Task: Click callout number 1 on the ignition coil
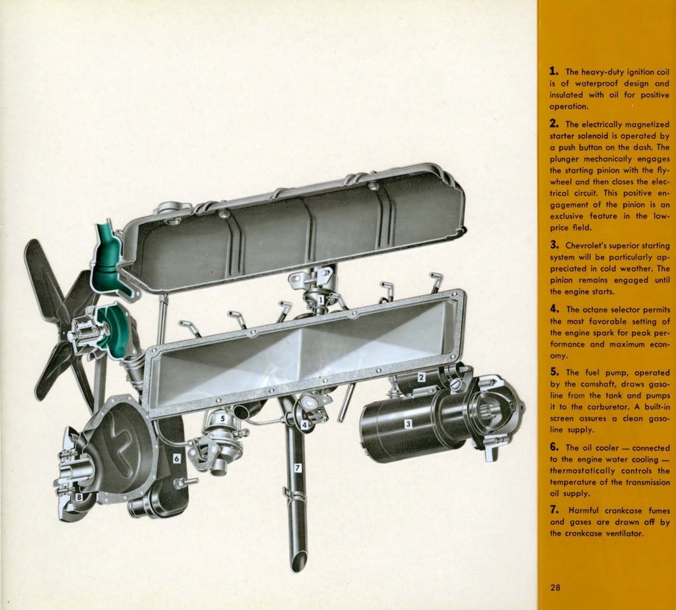click(320, 300)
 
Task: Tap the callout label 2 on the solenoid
click(421, 378)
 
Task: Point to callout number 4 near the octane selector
click(304, 425)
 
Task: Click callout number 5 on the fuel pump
click(223, 418)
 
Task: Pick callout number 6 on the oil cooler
click(176, 458)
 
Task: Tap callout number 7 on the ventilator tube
click(298, 468)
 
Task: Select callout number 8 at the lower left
click(79, 497)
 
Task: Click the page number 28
click(555, 588)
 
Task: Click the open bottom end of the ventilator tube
click(299, 561)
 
